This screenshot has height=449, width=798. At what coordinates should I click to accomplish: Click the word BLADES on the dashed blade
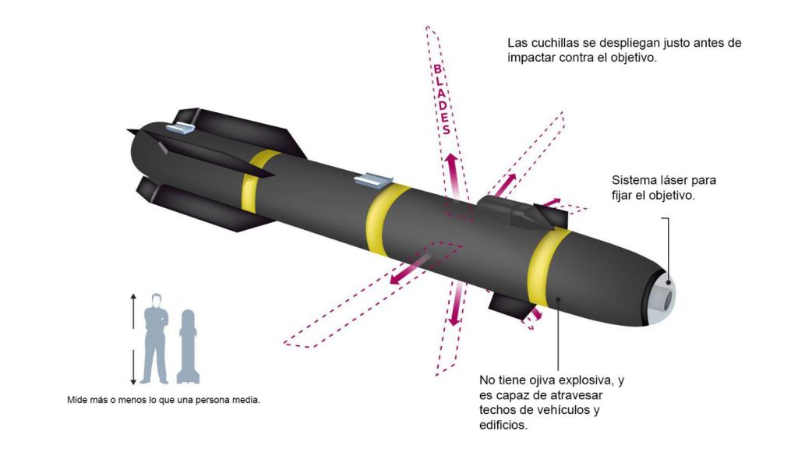pos(441,100)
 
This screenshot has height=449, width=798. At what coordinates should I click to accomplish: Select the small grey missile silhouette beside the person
pos(187,347)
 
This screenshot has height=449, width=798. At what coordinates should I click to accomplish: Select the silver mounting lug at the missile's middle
pos(370,181)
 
